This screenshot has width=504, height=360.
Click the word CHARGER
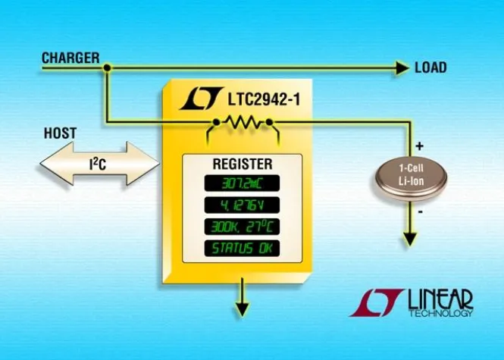pyautogui.click(x=70, y=57)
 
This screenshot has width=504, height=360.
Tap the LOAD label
pyautogui.click(x=430, y=68)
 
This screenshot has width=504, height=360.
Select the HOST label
pyautogui.click(x=60, y=133)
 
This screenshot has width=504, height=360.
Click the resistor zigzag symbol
pyautogui.click(x=243, y=122)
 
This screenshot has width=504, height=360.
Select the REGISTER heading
pyautogui.click(x=242, y=164)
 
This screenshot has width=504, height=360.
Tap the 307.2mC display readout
pyautogui.click(x=240, y=183)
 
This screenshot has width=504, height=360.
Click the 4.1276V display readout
pyautogui.click(x=240, y=205)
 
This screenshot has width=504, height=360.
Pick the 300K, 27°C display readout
pyautogui.click(x=240, y=227)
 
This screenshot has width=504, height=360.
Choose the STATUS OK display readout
pyautogui.click(x=240, y=249)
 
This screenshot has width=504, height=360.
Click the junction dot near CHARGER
pyautogui.click(x=108, y=68)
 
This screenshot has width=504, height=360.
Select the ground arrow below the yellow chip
pyautogui.click(x=242, y=307)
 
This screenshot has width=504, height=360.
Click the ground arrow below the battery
pyautogui.click(x=410, y=238)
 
